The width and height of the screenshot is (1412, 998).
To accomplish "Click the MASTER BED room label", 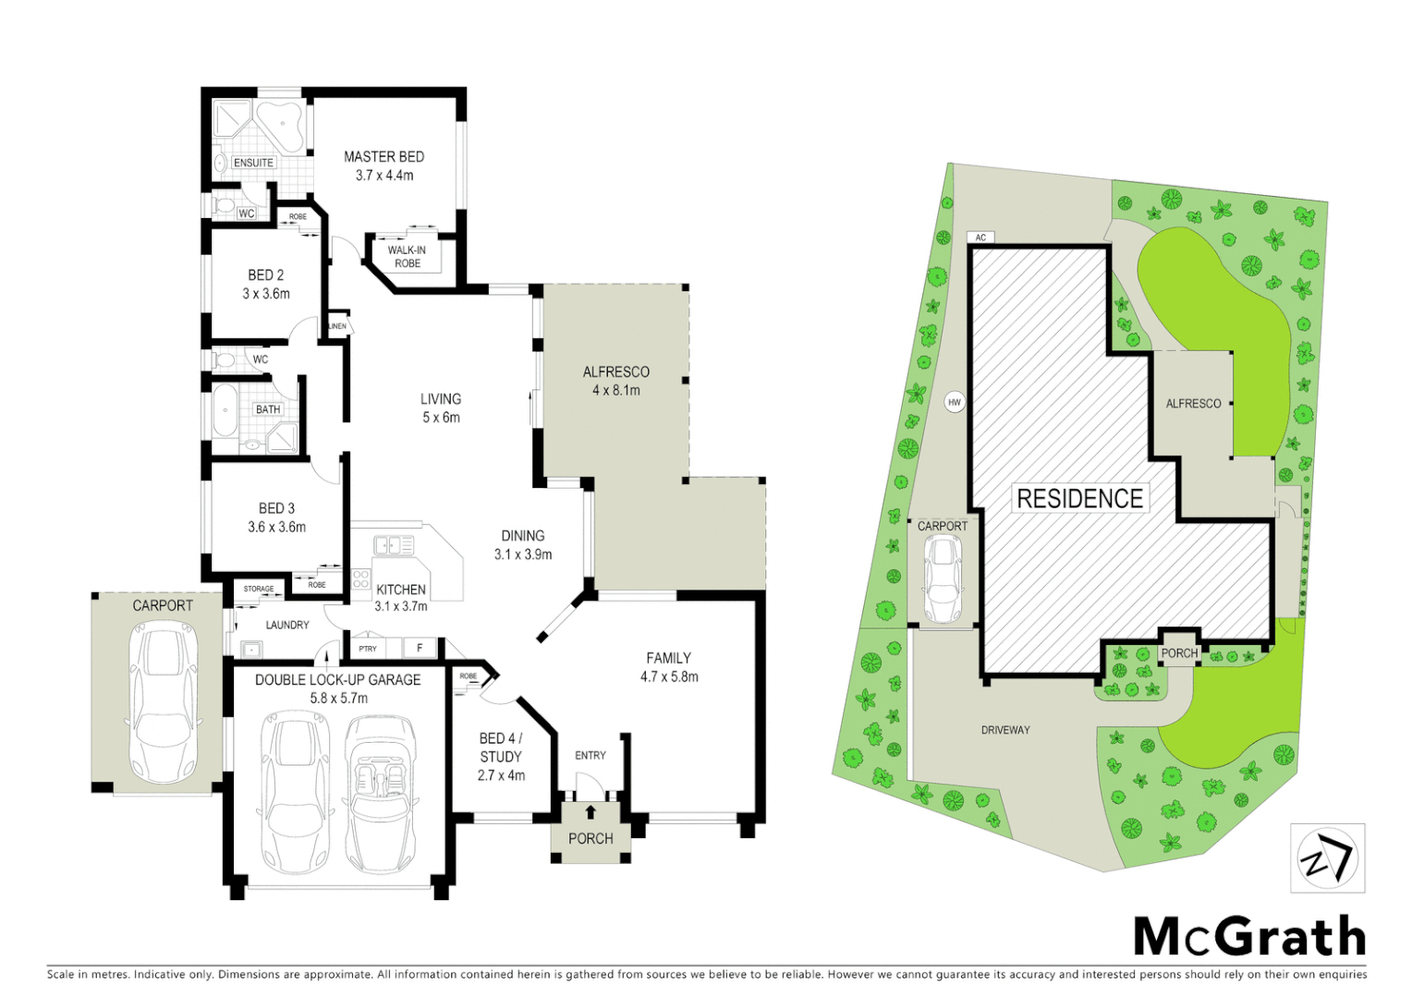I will (383, 157).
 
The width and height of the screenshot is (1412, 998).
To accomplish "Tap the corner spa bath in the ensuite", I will (279, 127).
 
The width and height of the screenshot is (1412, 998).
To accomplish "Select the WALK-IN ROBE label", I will (407, 257).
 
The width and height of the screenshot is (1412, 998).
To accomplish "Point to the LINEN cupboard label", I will (337, 326).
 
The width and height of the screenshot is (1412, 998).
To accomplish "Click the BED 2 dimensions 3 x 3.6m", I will (266, 294).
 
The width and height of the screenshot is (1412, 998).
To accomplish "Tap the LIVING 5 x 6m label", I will (441, 408).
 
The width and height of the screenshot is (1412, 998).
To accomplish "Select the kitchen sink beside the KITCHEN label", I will (393, 545).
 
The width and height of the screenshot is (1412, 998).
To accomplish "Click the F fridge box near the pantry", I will (420, 648).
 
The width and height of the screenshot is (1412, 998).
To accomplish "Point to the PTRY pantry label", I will (368, 649).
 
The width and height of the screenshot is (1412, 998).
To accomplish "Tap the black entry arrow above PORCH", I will (590, 812).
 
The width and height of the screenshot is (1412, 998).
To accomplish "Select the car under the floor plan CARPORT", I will (164, 702).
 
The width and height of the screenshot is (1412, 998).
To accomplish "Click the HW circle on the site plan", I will (955, 402).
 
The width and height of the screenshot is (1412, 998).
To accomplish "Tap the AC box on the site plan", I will (980, 237).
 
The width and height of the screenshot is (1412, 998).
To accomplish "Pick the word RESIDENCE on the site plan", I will (1079, 499).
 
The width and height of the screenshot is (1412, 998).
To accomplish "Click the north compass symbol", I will (1327, 858).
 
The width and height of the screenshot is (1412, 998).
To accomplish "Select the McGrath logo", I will (1249, 937).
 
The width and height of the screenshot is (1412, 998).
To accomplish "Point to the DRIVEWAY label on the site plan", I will (1005, 730).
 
